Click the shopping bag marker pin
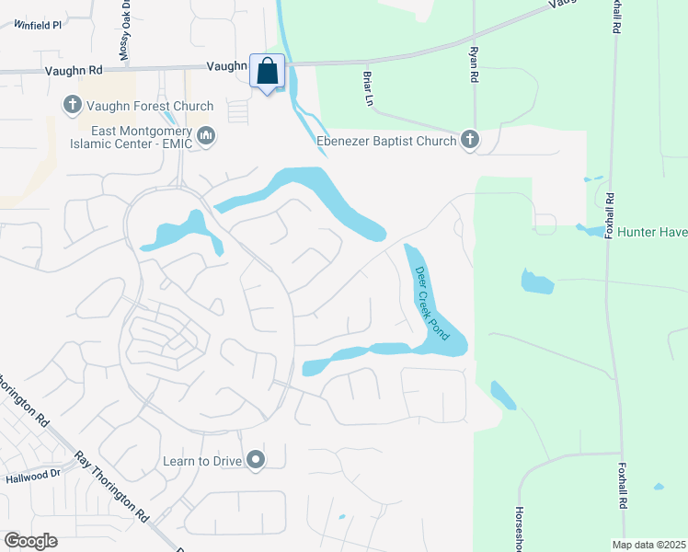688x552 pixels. click(267, 72)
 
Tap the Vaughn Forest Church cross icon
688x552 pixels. click(72, 106)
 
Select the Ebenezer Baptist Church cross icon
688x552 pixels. click(470, 141)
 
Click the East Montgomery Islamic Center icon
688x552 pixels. click(207, 137)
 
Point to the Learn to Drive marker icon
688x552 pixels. click(256, 460)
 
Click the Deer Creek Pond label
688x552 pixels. click(431, 304)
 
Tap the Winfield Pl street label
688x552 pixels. click(38, 25)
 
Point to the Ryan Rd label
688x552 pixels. click(474, 66)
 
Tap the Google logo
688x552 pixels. click(31, 541)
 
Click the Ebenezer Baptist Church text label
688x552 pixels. click(386, 141)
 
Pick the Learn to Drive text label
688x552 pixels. click(200, 460)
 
